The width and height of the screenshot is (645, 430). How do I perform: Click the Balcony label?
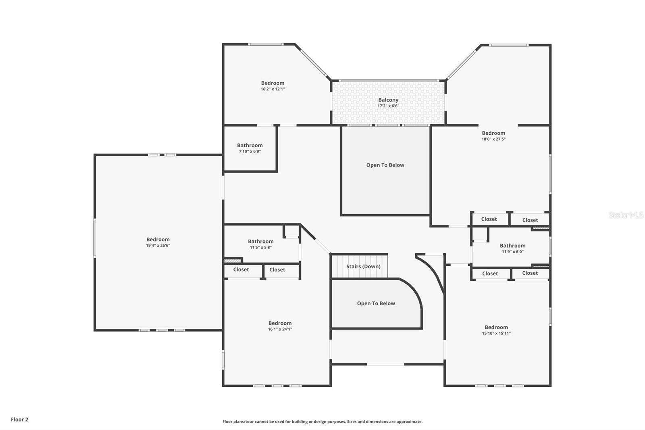pos(388,100)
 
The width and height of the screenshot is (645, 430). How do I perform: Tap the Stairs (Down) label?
pos(363,266)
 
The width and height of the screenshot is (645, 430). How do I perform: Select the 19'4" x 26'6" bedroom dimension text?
pos(158,246)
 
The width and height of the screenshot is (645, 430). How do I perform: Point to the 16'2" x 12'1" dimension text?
pos(273,89)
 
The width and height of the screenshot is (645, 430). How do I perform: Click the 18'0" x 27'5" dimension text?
pos(493,139)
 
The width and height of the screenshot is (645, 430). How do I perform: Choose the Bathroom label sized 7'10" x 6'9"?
pos(250,145)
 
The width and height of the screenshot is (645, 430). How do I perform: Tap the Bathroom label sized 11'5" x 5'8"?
pos(261,241)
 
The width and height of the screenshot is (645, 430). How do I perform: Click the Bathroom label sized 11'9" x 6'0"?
pos(512,246)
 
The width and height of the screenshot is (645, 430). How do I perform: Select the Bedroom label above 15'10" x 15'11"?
pos(496,327)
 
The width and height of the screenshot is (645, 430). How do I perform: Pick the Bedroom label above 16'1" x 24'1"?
pos(280,323)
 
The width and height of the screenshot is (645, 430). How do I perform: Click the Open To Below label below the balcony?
pos(385,165)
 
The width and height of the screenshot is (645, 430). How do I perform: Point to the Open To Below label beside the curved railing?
pos(376,303)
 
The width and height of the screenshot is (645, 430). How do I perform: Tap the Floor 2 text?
pos(20,420)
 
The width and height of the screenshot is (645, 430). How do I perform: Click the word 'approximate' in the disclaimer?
pos(409,422)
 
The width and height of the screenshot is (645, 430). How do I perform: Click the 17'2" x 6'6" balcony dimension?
pos(388,106)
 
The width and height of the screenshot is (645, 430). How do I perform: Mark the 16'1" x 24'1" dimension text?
pos(280,329)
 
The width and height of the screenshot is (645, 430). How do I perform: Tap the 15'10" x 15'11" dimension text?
pos(496,333)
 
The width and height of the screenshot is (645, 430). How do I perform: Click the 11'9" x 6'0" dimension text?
pos(512,252)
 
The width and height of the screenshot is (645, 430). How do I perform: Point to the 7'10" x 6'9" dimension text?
pos(250,151)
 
